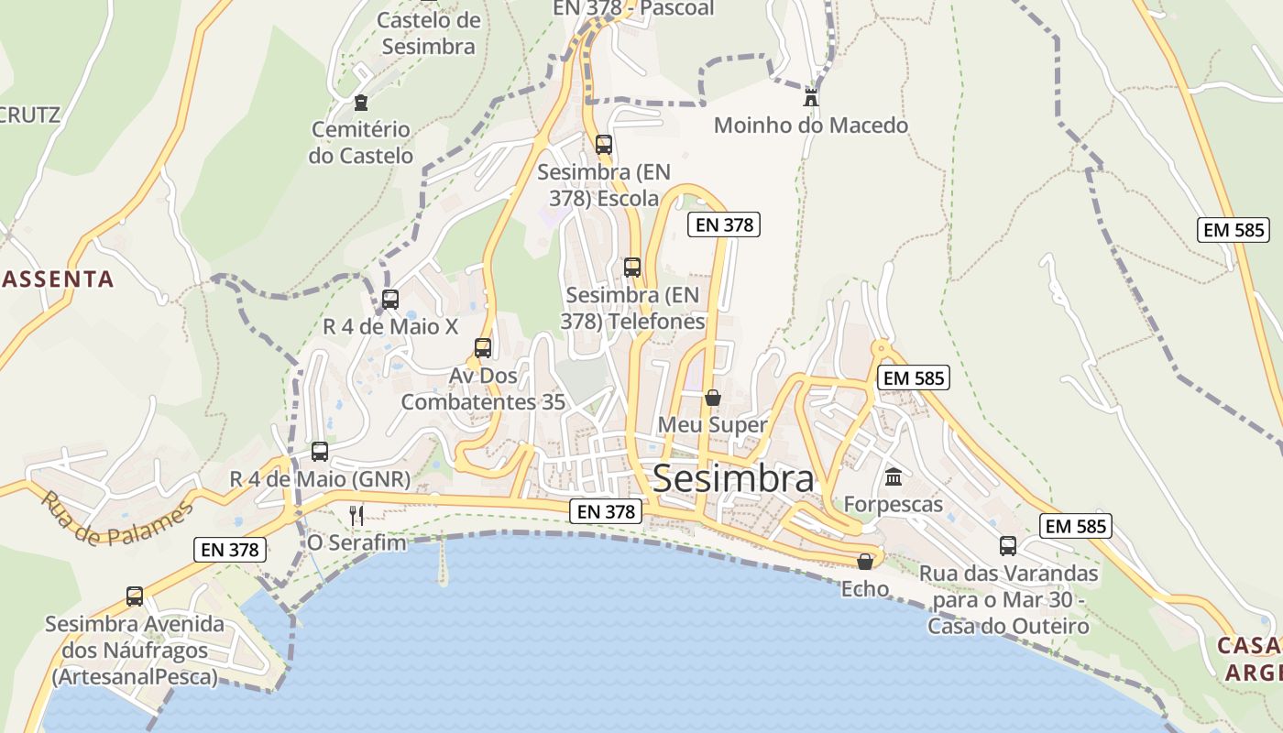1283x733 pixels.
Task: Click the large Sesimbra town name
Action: coord(733,479)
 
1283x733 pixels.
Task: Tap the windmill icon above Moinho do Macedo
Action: coord(811,96)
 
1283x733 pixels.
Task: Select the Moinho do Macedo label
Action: coord(810,126)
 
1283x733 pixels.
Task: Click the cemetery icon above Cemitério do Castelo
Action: coord(360,103)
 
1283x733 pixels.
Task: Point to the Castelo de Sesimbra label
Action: coord(429,33)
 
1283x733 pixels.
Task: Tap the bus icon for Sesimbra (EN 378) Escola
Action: coord(603,144)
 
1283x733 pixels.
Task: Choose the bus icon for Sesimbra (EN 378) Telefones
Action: coord(632,268)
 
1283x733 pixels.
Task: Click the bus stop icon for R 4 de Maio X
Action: coord(390,299)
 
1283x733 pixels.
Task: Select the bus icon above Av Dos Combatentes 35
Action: coord(483,348)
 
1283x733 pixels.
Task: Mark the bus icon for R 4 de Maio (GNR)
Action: coord(320,451)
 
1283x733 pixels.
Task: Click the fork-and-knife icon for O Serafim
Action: coord(356,515)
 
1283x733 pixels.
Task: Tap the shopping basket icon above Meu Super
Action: coord(712,398)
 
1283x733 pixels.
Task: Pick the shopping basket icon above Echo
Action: coord(864,561)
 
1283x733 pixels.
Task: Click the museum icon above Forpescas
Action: coord(894,476)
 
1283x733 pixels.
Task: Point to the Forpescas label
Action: coord(893,505)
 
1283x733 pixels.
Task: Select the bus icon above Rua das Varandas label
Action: coord(1008,546)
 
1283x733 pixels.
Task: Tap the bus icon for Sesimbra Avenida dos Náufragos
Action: coord(135,596)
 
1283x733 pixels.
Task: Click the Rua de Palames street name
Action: coord(117,520)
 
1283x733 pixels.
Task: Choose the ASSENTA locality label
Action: coord(57,279)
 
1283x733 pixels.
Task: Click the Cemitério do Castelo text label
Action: coord(360,143)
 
